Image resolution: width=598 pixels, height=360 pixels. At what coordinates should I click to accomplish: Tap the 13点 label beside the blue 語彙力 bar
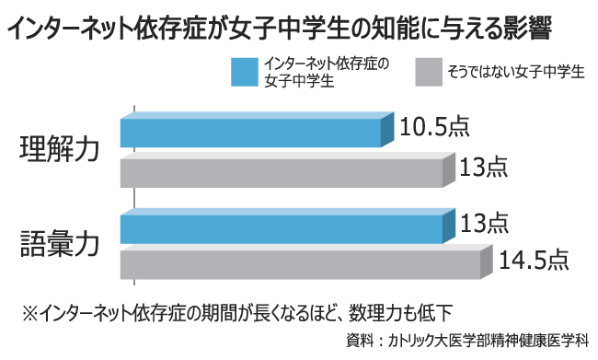[x=484, y=222]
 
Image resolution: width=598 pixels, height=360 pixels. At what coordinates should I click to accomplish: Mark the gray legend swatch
[x=428, y=70]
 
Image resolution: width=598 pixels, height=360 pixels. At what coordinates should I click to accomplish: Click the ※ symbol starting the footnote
[x=29, y=310]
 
